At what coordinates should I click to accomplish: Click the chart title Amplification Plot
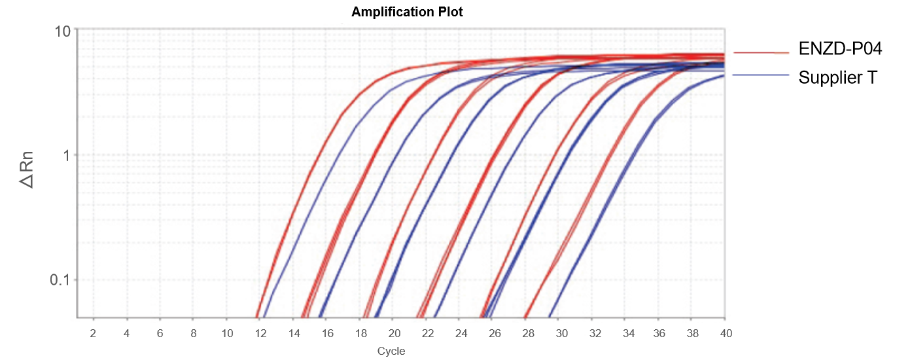pos(407,12)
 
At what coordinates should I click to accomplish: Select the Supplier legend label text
pos(830,78)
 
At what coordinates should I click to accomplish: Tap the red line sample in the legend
pos(761,52)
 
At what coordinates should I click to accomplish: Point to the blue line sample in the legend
pos(761,75)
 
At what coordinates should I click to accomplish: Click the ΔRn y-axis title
pos(27,170)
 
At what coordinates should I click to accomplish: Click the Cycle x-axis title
pos(391,351)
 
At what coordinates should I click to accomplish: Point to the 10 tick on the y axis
pos(63,30)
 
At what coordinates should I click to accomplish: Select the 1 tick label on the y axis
pos(66,156)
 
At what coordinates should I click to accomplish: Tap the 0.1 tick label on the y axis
pos(61,280)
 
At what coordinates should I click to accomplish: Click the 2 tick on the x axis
pos(93,333)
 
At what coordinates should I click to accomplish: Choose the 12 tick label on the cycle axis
pos(260,333)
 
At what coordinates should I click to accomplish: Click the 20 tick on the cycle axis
pos(394,333)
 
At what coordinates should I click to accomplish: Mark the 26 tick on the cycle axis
pos(494,333)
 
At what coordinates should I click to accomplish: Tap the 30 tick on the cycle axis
pos(561,333)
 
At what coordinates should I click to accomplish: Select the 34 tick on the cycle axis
pos(628,333)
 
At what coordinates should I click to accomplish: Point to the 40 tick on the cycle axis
pos(725,333)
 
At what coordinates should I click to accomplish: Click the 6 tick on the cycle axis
pos(160,333)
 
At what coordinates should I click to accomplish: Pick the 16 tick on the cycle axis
pos(327,333)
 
